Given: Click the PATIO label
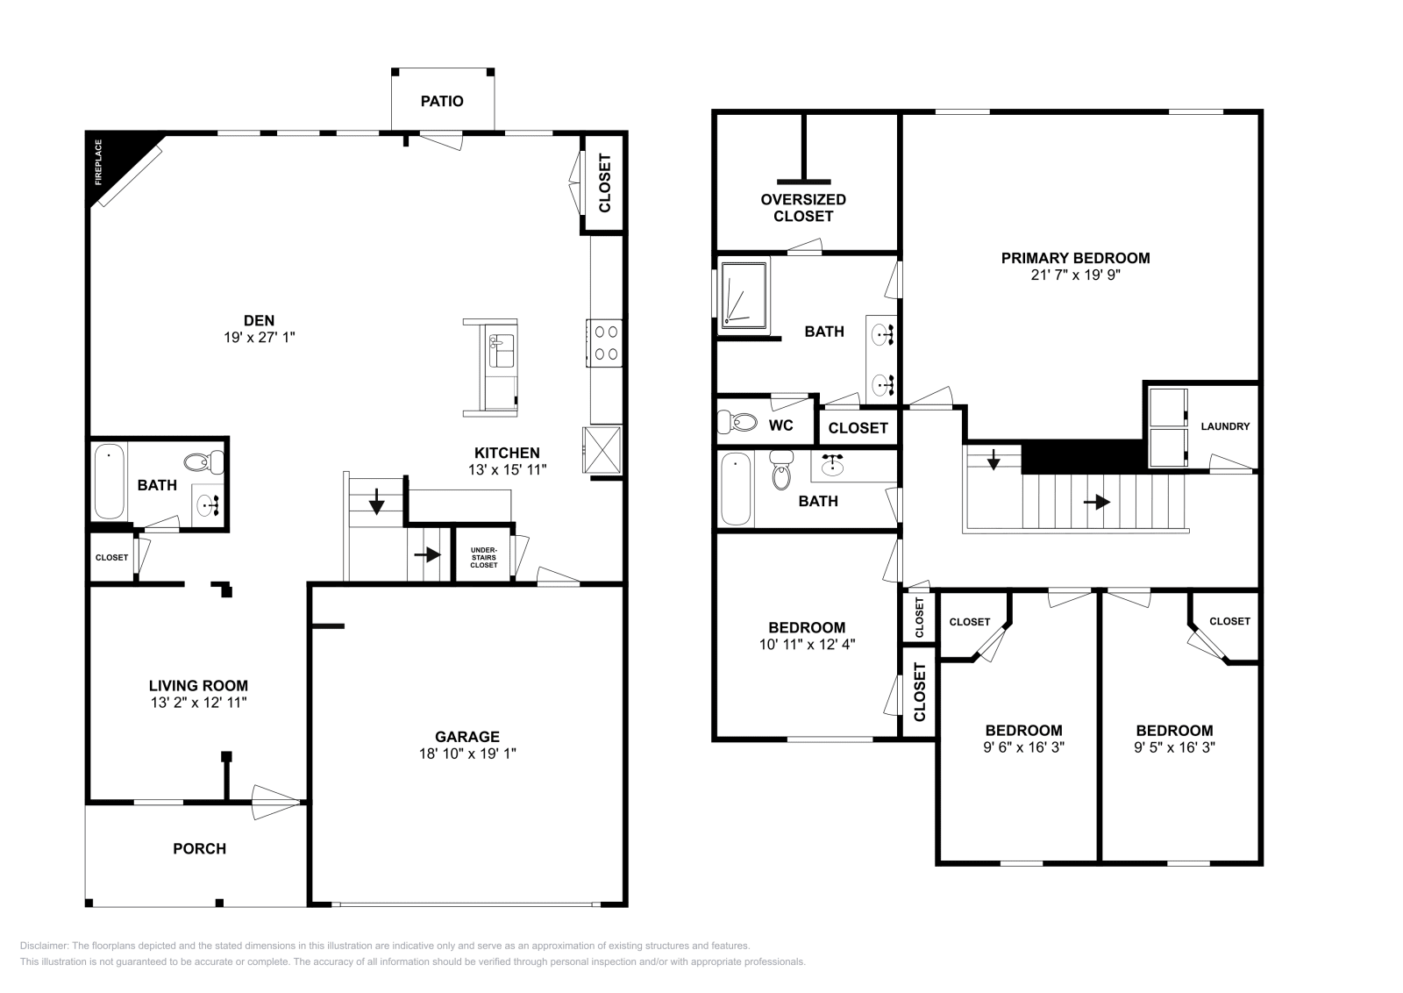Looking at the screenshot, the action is (x=442, y=102).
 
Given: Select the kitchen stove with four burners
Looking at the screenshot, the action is (x=604, y=343).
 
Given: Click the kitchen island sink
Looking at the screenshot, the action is (x=501, y=351).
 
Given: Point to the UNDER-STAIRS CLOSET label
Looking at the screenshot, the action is (x=483, y=558).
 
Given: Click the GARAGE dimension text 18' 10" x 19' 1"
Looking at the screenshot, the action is (x=467, y=754).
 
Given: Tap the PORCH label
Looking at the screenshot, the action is (x=199, y=848).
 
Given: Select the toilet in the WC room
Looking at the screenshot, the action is (x=737, y=422).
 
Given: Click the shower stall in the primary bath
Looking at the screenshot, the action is (x=744, y=295).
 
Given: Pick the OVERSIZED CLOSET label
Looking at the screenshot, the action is (x=803, y=208).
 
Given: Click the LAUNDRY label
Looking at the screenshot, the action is (x=1225, y=426).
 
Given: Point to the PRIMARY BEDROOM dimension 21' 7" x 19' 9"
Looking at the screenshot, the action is (x=1075, y=275).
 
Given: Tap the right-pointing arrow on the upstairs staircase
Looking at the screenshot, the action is (x=1097, y=502).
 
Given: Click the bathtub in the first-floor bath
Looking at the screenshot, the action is (x=109, y=482).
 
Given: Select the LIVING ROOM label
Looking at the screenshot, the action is (x=198, y=685).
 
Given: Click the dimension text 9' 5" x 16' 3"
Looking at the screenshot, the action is (x=1174, y=747).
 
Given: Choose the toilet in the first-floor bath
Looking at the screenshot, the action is (x=203, y=462).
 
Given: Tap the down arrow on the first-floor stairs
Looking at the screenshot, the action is (x=376, y=501).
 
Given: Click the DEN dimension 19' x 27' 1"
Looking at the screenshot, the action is (x=260, y=338).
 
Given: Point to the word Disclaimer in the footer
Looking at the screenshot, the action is (x=44, y=946).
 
